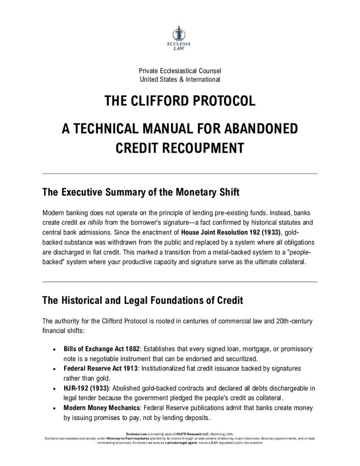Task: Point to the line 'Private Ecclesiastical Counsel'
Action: click(180, 71)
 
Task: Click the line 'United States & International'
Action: click(180, 79)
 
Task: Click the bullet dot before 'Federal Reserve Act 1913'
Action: click(56, 368)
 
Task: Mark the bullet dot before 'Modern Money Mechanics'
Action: click(56, 407)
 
